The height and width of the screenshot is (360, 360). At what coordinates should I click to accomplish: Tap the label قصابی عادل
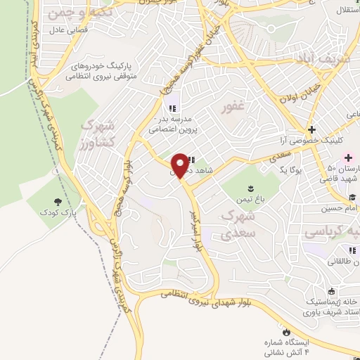click(x=66, y=32)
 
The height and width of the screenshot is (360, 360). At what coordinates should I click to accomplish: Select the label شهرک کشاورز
click(x=98, y=133)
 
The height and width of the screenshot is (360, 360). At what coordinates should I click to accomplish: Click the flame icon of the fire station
click(x=286, y=330)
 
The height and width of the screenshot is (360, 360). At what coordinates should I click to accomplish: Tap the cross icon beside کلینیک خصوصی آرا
click(x=311, y=129)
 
